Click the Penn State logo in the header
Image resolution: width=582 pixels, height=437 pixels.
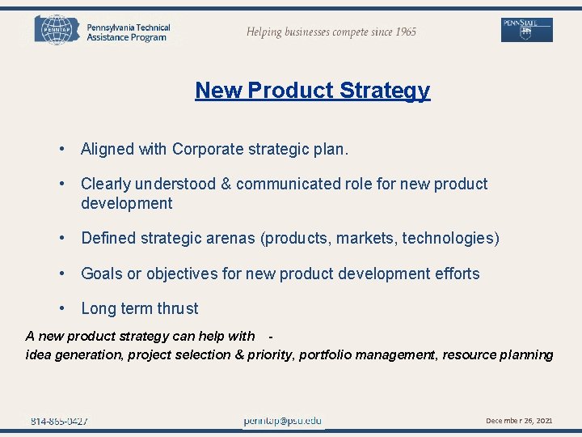point(526,30)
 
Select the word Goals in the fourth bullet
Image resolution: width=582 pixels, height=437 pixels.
point(101,274)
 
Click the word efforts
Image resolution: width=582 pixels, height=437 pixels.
point(457,274)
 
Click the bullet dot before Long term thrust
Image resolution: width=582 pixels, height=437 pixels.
point(61,308)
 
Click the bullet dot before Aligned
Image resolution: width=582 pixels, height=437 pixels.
point(61,149)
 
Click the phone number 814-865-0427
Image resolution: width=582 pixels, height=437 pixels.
point(59,421)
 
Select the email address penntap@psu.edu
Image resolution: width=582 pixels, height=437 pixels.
point(283,421)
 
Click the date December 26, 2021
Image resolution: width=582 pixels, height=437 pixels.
point(519,421)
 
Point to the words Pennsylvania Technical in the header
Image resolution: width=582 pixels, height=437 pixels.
point(129,28)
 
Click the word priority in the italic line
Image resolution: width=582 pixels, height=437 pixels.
point(268,354)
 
